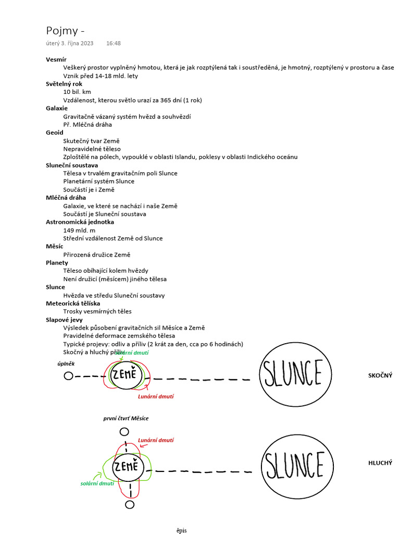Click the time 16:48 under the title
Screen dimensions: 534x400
(113, 43)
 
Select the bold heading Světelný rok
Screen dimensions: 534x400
(64, 83)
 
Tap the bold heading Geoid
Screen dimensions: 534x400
(55, 132)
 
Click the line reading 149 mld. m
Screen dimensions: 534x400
(79, 230)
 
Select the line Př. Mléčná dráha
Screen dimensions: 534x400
(87, 125)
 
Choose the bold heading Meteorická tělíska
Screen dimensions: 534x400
(73, 303)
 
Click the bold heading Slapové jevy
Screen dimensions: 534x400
(64, 320)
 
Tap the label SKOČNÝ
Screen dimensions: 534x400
(380, 375)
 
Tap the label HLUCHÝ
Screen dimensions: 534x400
(380, 463)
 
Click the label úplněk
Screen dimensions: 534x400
(67, 363)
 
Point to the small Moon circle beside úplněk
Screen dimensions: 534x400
(68, 377)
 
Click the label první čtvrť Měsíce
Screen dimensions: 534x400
(126, 418)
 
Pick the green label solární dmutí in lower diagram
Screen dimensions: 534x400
(96, 484)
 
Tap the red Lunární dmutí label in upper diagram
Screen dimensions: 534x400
(156, 396)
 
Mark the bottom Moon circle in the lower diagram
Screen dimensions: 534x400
(130, 504)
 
